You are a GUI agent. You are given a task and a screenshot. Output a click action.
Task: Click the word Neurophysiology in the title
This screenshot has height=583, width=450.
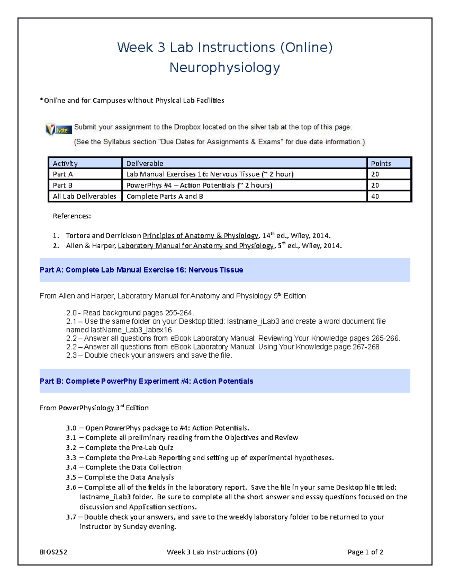(225, 68)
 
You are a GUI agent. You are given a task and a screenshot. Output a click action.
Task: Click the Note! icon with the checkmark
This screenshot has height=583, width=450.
(58, 130)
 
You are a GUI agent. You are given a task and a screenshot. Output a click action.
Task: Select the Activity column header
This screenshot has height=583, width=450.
(65, 163)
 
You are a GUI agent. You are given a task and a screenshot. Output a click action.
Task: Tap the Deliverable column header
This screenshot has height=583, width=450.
(145, 163)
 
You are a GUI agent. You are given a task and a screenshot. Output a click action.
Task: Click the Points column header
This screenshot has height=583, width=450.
(381, 163)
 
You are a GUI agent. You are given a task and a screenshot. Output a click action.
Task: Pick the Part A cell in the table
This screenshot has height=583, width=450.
(63, 174)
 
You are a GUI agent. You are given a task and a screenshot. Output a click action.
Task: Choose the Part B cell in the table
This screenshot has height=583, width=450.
(63, 185)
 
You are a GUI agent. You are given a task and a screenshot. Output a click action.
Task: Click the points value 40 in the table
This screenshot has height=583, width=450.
(375, 196)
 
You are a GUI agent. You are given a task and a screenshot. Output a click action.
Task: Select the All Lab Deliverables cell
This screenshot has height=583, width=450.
(84, 196)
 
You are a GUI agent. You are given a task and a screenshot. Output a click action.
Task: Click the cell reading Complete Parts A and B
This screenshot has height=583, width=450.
(165, 196)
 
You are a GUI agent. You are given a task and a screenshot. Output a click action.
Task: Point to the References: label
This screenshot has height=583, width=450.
(72, 216)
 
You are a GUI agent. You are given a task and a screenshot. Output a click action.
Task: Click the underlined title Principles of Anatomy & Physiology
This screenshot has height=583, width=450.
(200, 236)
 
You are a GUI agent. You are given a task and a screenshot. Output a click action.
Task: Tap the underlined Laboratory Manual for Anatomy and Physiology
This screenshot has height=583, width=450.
(195, 246)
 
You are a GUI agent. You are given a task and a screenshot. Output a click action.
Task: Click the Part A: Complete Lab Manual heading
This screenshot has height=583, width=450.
(141, 270)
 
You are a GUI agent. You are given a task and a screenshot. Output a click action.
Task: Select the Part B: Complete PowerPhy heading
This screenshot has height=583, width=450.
(146, 381)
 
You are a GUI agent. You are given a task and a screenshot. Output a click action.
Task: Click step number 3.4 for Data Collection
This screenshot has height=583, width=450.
(71, 467)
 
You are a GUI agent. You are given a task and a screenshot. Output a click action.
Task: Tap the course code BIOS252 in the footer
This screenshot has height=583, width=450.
(53, 552)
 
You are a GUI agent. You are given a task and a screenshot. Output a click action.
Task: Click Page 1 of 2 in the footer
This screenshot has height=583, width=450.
(365, 552)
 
